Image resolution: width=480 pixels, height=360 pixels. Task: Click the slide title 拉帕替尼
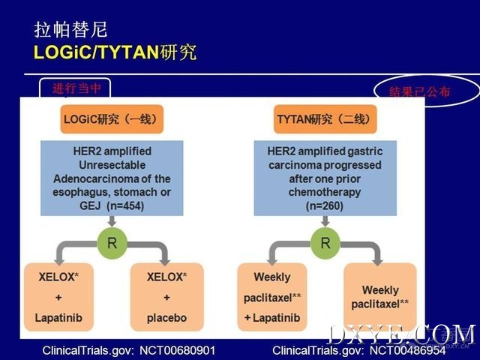pyautogui.click(x=70, y=30)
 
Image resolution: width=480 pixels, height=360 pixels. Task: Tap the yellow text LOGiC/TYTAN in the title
pyautogui.click(x=96, y=52)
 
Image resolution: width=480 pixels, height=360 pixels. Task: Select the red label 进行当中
pyautogui.click(x=76, y=88)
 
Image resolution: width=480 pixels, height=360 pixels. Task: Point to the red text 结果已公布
pyautogui.click(x=419, y=91)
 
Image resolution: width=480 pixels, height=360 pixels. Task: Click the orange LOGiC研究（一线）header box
pyautogui.click(x=112, y=119)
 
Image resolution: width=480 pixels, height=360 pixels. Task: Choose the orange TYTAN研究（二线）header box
pyautogui.click(x=325, y=119)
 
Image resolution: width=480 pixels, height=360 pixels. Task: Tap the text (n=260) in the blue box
pyautogui.click(x=325, y=205)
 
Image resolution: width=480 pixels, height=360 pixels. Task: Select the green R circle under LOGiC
pyautogui.click(x=112, y=243)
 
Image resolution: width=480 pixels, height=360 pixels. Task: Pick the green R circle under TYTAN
pyautogui.click(x=325, y=243)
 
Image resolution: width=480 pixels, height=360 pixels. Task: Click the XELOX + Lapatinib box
pyautogui.click(x=58, y=297)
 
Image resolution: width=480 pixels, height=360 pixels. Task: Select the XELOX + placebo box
pyautogui.click(x=166, y=297)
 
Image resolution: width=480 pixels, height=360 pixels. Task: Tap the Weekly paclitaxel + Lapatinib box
pyautogui.click(x=272, y=297)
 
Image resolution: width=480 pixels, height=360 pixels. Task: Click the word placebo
pyautogui.click(x=166, y=318)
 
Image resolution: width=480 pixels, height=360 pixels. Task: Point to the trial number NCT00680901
pyautogui.click(x=177, y=350)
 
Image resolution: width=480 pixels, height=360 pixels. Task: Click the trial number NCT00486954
pyautogui.click(x=407, y=350)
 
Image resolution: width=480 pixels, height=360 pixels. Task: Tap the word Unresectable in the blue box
pyautogui.click(x=112, y=165)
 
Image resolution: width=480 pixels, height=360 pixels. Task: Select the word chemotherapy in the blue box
pyautogui.click(x=325, y=192)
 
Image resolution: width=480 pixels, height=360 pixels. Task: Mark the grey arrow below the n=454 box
pyautogui.click(x=112, y=221)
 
